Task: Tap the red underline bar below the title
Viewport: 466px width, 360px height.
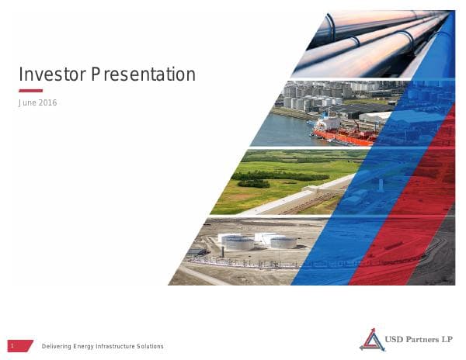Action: pyautogui.click(x=30, y=91)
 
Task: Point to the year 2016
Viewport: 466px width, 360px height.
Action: pyautogui.click(x=48, y=103)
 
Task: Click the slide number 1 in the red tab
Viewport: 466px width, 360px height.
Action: pyautogui.click(x=12, y=346)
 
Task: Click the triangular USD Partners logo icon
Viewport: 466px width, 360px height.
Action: pyautogui.click(x=371, y=339)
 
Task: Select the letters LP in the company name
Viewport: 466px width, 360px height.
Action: pyautogui.click(x=449, y=337)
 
